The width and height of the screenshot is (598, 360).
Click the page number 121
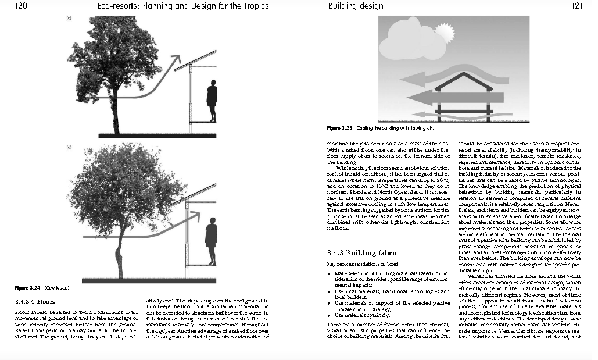point(576,6)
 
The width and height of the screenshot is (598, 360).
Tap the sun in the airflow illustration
point(445,30)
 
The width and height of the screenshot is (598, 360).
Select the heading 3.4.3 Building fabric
point(363,253)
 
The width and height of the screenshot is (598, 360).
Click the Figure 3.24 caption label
point(26,288)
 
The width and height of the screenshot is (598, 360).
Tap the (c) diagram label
point(69,19)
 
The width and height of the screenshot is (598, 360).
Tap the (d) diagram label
point(69,148)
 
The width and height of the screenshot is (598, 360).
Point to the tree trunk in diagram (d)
point(120,256)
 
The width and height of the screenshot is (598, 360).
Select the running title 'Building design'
point(356,6)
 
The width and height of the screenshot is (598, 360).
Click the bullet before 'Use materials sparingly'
point(330,315)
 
